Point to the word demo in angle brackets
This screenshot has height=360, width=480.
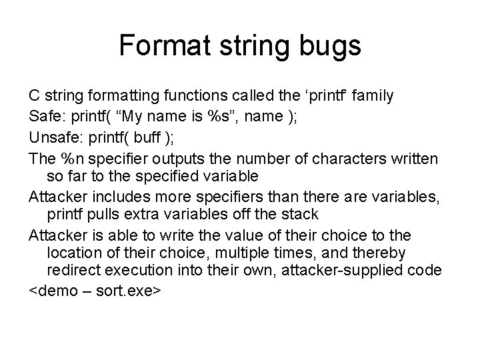pos(60,293)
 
